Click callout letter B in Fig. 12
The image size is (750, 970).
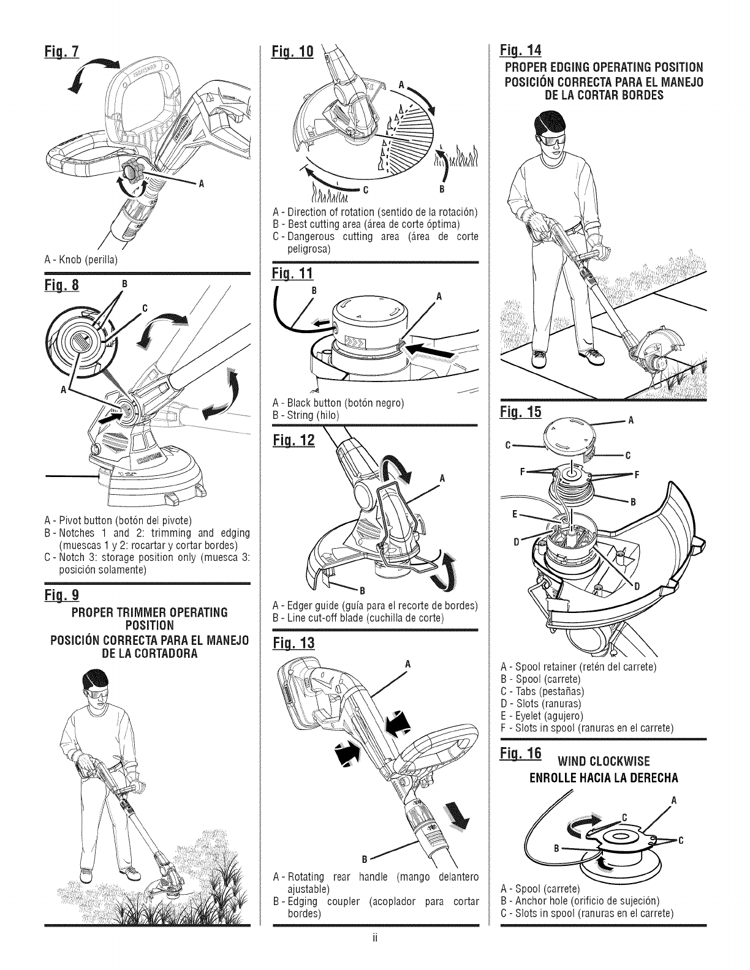tap(362, 591)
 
